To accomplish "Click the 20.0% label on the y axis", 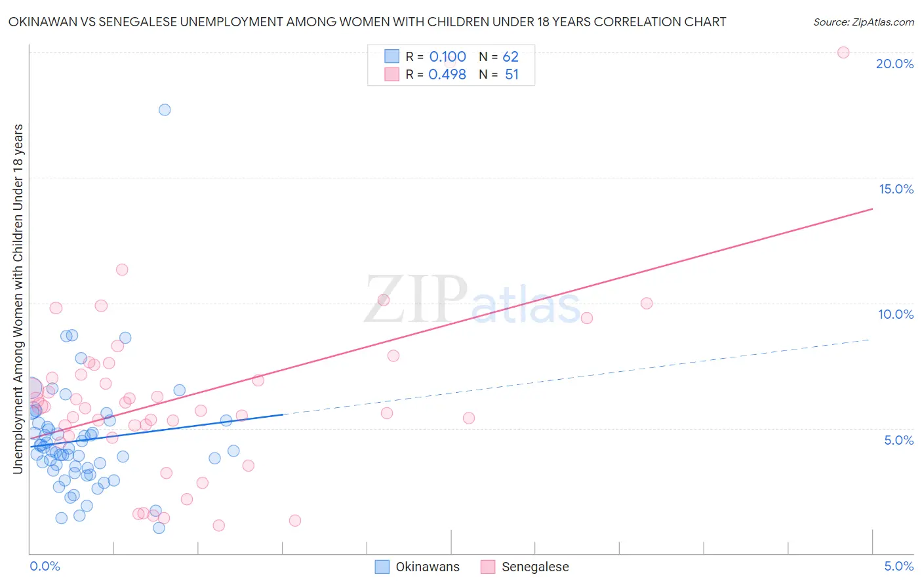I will pyautogui.click(x=894, y=64).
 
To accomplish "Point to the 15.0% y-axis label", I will pyautogui.click(x=896, y=189).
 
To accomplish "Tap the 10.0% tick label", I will pyautogui.click(x=896, y=314).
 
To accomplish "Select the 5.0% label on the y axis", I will pyautogui.click(x=898, y=440).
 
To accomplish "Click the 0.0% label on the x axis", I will pyautogui.click(x=45, y=566).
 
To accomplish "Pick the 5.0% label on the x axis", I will pyautogui.click(x=898, y=566).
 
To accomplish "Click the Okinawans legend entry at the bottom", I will pyautogui.click(x=427, y=567).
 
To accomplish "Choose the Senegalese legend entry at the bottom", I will pyautogui.click(x=534, y=567).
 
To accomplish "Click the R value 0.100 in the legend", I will pyautogui.click(x=447, y=57).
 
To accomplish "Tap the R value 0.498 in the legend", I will pyautogui.click(x=447, y=75).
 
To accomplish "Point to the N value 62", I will pyautogui.click(x=510, y=57).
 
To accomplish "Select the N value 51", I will pyautogui.click(x=511, y=75).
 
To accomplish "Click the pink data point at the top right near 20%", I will pyautogui.click(x=843, y=52).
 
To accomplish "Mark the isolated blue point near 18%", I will pyautogui.click(x=165, y=110).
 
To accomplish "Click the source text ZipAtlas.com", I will pyautogui.click(x=863, y=22).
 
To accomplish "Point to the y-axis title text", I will pyautogui.click(x=18, y=298).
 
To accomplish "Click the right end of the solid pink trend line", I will pyautogui.click(x=872, y=209).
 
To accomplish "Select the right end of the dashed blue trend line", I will pyautogui.click(x=870, y=339).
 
